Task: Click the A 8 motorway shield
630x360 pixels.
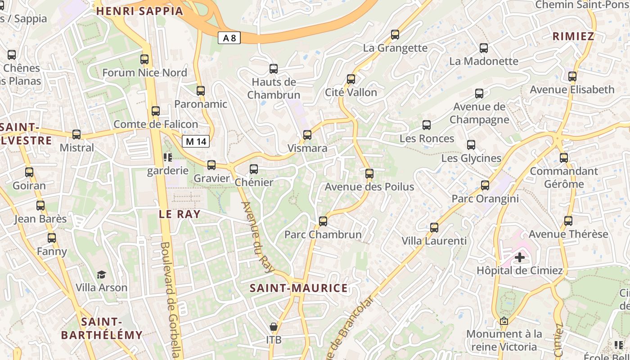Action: [x=229, y=38]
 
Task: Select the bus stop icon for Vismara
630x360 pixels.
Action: [x=307, y=135]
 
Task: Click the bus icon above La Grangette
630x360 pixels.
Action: [x=395, y=35]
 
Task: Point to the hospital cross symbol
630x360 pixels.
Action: [x=520, y=257]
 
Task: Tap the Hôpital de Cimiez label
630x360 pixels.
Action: [x=520, y=270]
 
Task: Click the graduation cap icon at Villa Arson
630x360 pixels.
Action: [x=102, y=274]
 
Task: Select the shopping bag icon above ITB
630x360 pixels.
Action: [x=274, y=326]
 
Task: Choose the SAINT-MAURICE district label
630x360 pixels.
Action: [x=299, y=288]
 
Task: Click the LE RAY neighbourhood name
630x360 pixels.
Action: [x=180, y=214]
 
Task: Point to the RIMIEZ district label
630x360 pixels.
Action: [x=573, y=36]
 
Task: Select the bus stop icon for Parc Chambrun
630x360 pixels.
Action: [x=323, y=221]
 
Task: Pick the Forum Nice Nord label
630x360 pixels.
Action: [x=144, y=72]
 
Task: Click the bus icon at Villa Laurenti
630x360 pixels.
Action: [x=434, y=228]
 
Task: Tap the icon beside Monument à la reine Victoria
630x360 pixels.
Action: [x=504, y=321]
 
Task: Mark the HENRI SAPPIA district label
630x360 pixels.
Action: [x=140, y=11]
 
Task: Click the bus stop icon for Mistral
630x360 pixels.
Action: [x=76, y=135]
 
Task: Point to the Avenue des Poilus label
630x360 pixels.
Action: [x=369, y=186]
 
